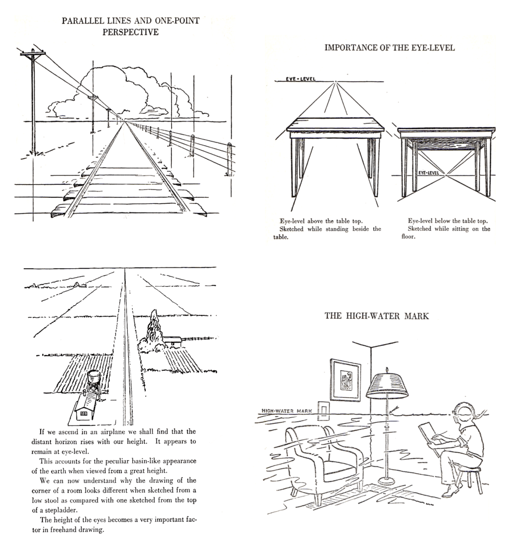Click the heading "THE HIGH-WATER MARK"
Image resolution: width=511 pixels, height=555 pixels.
point(376,316)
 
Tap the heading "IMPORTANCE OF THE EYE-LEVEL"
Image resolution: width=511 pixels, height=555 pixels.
point(389,48)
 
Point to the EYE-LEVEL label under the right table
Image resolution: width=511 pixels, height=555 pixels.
point(429,172)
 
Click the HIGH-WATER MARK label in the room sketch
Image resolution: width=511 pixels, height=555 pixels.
point(284,411)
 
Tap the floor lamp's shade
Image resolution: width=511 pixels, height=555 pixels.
point(386,386)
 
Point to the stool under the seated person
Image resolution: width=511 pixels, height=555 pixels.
point(469,477)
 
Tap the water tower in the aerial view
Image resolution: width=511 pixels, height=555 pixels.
point(94,377)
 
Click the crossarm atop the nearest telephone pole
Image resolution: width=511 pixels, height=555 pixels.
point(33,54)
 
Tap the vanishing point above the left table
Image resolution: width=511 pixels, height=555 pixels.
point(335,82)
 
